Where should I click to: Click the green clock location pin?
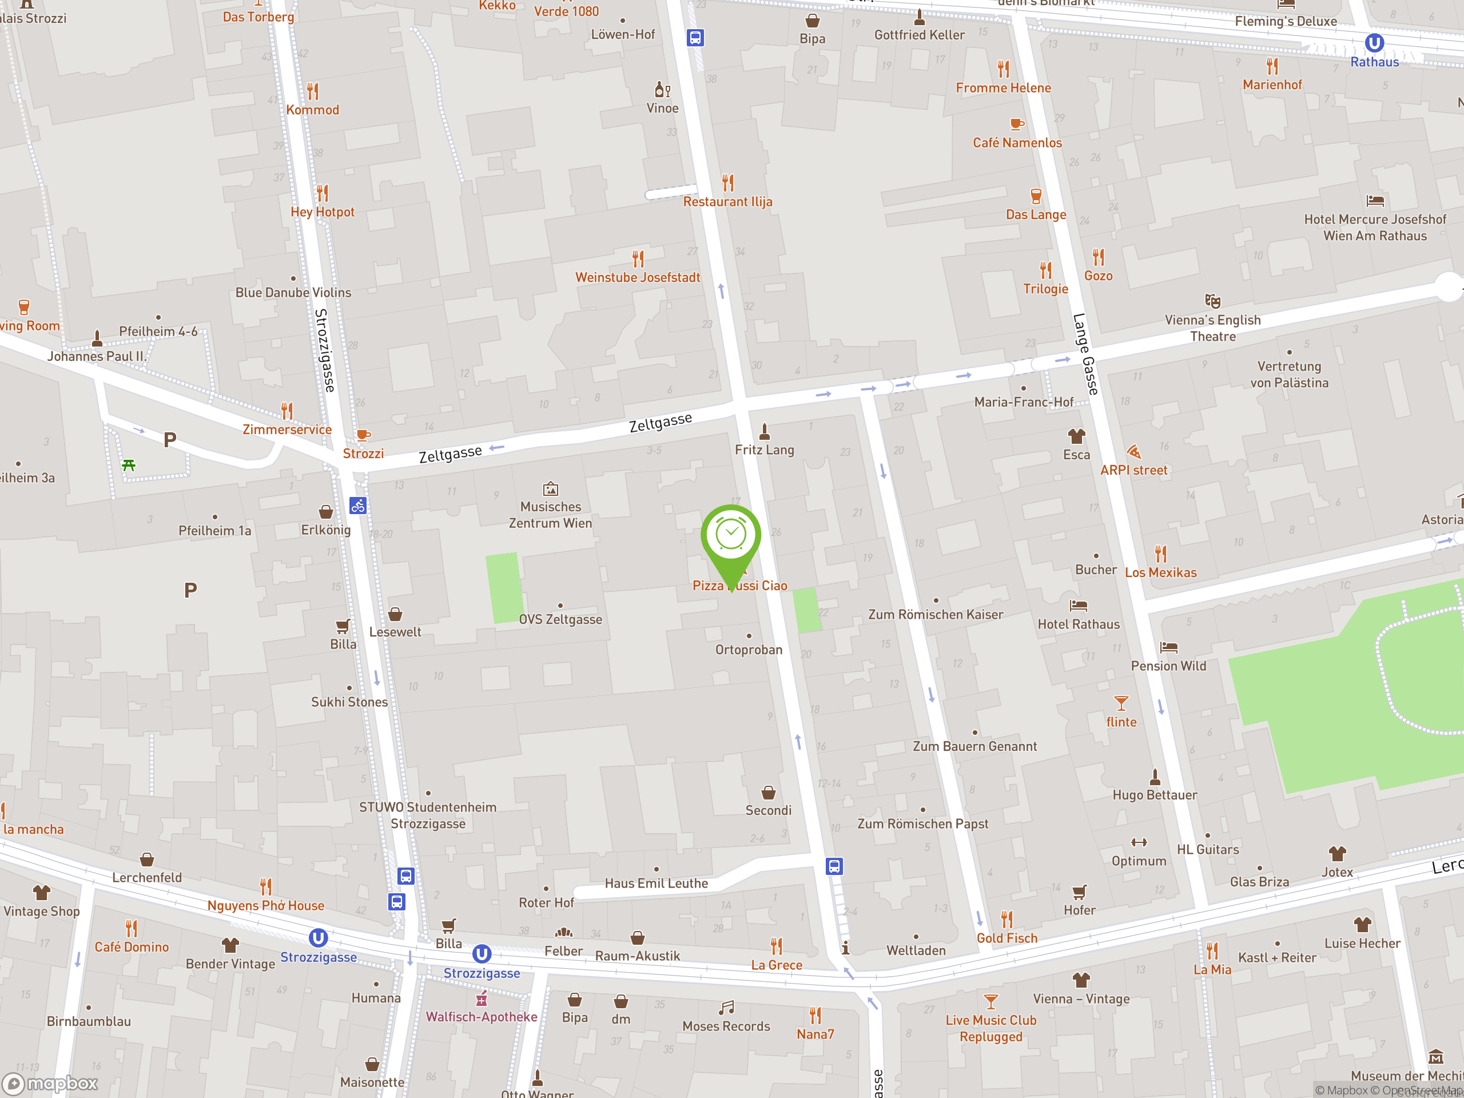pos(731,535)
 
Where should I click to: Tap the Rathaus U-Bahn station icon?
pos(1374,43)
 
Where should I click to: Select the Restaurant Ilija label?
pos(727,202)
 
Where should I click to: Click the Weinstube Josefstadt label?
pos(638,277)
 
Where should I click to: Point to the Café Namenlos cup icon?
pos(1017,124)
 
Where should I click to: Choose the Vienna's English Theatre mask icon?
pos(1212,301)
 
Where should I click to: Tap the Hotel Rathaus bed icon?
pos(1078,606)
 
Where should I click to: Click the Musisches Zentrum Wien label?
pos(550,515)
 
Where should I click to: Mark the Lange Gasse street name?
pos(1085,354)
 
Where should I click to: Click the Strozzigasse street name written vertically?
pos(325,350)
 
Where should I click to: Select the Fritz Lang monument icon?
pos(765,432)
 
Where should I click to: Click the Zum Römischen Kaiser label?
pos(935,614)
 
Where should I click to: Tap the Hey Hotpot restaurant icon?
pos(323,193)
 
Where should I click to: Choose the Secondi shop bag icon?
pos(769,792)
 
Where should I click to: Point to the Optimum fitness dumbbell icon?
pos(1139,842)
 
